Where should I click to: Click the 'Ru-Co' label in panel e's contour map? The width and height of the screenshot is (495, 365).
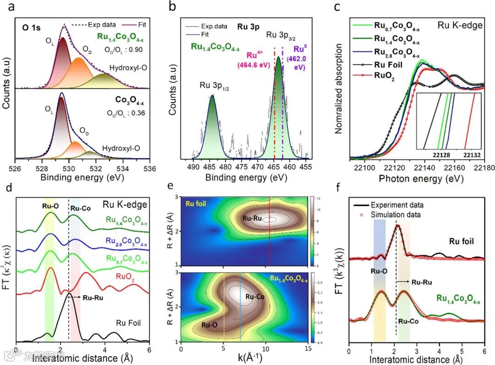coord(255,297)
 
